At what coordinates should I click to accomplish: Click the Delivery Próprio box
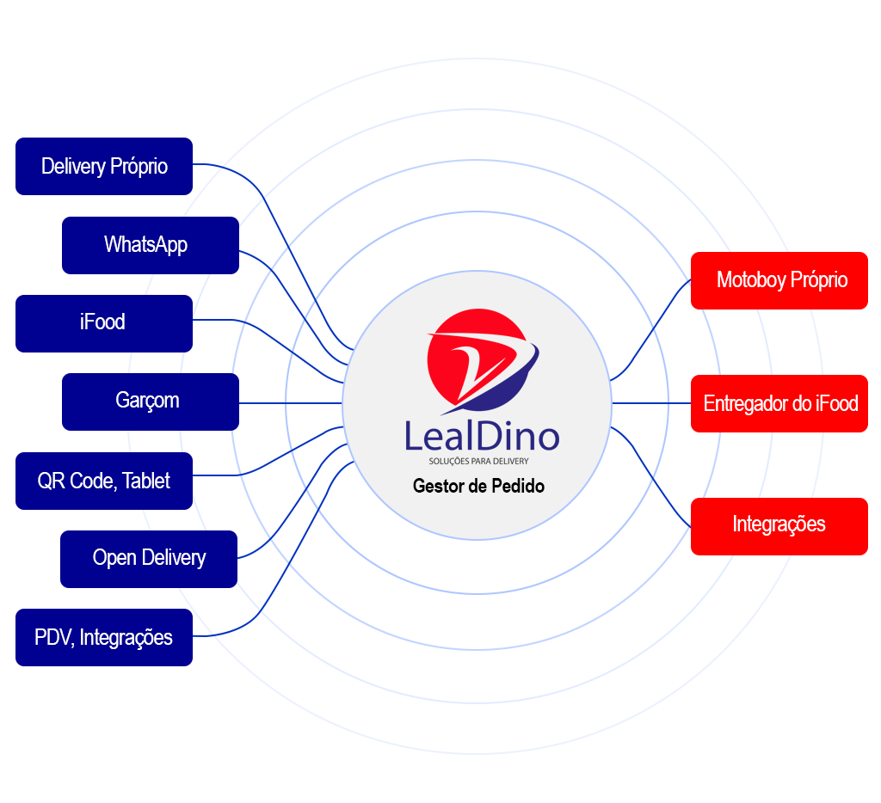[104, 166]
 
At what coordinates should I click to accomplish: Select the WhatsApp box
[150, 245]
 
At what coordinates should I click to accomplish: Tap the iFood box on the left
[103, 322]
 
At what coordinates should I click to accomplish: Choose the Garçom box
[150, 401]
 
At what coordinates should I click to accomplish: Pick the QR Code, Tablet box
[103, 481]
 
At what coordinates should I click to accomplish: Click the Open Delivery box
[148, 558]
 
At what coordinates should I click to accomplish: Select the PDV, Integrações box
[103, 637]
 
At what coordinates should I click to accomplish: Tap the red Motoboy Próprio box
[779, 279]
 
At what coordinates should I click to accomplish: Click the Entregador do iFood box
[779, 403]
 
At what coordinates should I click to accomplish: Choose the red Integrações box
[779, 524]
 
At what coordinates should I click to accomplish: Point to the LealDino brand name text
[482, 436]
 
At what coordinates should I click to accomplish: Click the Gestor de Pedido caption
[478, 487]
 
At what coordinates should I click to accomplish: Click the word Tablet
[146, 481]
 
